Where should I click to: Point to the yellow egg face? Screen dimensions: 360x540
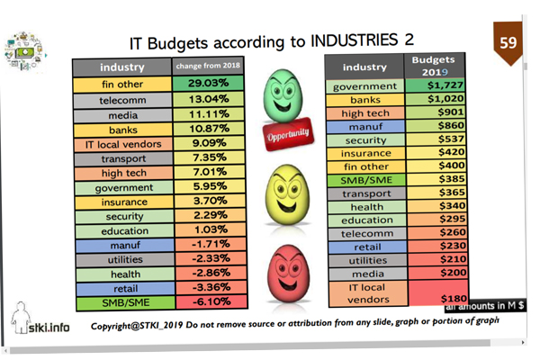(x=288, y=193)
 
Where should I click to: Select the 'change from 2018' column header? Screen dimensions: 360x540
(x=209, y=67)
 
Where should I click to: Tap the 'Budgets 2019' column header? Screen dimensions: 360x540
(x=434, y=64)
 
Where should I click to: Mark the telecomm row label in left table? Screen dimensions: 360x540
(x=122, y=99)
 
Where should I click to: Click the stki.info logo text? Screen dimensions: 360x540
(x=50, y=328)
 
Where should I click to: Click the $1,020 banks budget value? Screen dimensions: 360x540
(x=434, y=99)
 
